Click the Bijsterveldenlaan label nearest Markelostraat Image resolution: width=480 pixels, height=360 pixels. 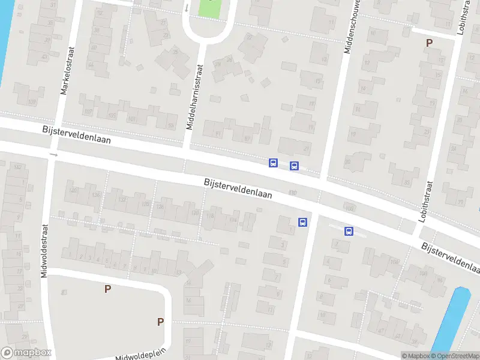click(x=76, y=136)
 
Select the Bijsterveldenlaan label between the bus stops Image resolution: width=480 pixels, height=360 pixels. click(x=238, y=188)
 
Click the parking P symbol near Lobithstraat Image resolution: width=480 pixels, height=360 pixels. click(x=429, y=43)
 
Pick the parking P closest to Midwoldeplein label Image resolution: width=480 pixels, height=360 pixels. click(x=160, y=322)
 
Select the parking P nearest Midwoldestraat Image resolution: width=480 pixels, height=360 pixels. click(x=107, y=289)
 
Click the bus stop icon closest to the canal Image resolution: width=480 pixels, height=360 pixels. click(x=349, y=231)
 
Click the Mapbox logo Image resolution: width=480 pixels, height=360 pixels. click(x=26, y=353)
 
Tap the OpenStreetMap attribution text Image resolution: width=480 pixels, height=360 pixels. click(x=454, y=356)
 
